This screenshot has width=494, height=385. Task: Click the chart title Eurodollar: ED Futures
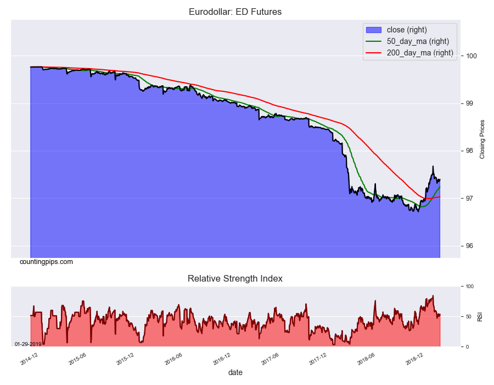pos(235,12)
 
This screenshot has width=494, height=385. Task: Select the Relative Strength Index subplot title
pos(235,278)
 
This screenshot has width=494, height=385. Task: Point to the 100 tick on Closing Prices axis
pos(471,56)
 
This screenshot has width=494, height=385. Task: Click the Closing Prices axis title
pos(482,139)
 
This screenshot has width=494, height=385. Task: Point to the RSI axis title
pos(480,317)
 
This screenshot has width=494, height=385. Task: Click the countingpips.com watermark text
pos(46,262)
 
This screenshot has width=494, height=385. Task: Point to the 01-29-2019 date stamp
pos(29,344)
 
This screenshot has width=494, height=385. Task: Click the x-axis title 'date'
pos(235,372)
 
